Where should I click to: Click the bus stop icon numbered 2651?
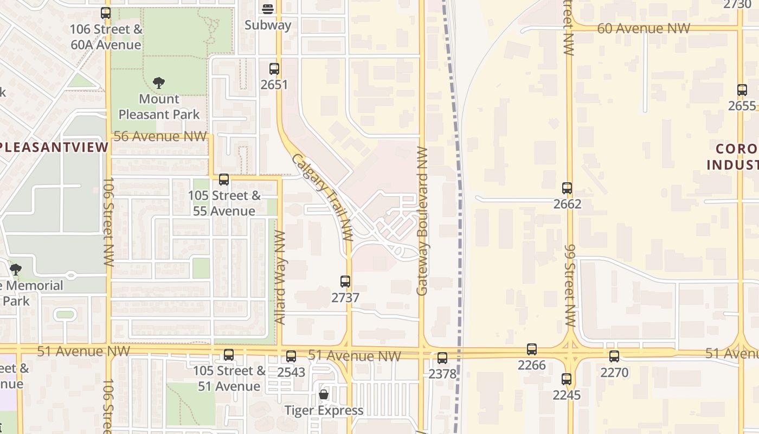(x=274, y=69)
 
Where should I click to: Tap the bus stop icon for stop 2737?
(x=345, y=282)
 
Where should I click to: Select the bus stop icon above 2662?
(x=567, y=188)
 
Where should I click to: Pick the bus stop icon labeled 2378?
(x=442, y=358)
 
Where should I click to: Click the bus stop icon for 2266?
(x=532, y=349)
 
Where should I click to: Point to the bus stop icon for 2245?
(x=567, y=379)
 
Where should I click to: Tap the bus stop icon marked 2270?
(x=614, y=356)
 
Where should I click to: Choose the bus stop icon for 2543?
(x=291, y=356)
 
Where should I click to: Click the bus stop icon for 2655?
(x=742, y=90)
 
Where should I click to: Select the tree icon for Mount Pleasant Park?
(x=159, y=83)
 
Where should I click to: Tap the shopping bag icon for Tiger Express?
(x=324, y=394)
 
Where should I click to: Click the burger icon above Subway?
(x=268, y=9)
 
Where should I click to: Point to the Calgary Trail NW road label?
(x=323, y=198)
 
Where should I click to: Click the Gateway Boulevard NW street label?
(x=423, y=221)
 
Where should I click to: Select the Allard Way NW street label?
(x=280, y=278)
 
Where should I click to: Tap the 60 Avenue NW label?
(x=644, y=28)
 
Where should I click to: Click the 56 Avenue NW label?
(x=160, y=136)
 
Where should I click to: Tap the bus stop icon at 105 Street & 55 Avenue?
(x=223, y=180)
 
